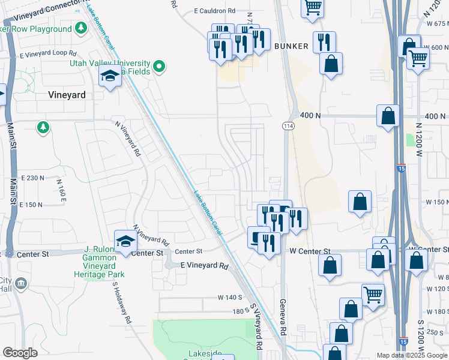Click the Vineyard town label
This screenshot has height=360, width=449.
point(67,95)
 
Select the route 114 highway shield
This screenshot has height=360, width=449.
point(288,126)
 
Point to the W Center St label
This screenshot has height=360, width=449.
point(310,251)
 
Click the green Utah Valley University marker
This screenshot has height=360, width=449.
point(159,66)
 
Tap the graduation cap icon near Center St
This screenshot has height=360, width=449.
point(125,241)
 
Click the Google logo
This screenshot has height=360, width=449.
point(20,353)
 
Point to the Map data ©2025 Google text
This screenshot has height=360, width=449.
point(412,355)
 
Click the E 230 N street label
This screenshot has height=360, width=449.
point(32,178)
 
